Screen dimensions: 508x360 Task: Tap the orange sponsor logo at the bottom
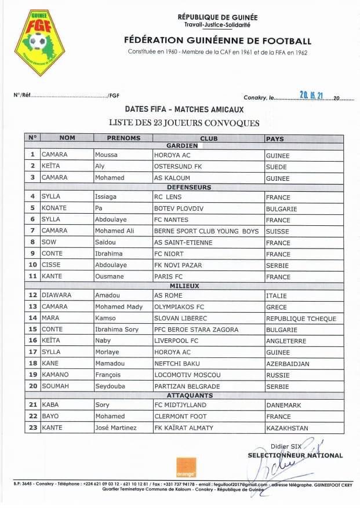(186, 467)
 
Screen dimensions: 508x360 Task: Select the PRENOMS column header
(123, 138)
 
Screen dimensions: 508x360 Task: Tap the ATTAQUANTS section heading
(184, 395)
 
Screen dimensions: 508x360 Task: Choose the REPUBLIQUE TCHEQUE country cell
(301, 319)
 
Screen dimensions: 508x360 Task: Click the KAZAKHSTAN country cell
(287, 428)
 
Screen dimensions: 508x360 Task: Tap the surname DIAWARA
(56, 295)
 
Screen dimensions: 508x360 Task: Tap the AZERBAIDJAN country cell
(288, 364)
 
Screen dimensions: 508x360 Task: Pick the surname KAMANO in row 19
(54, 375)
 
